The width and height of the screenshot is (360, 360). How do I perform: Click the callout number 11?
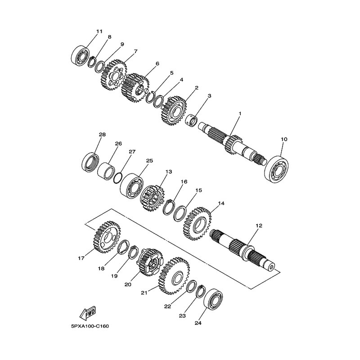[x=99, y=31]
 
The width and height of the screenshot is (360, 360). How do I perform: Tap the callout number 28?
[x=102, y=135]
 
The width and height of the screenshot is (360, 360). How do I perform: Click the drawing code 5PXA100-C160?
[x=90, y=326]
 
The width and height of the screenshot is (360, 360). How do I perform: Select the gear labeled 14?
[x=198, y=223]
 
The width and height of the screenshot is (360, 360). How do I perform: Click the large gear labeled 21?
[x=174, y=276]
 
